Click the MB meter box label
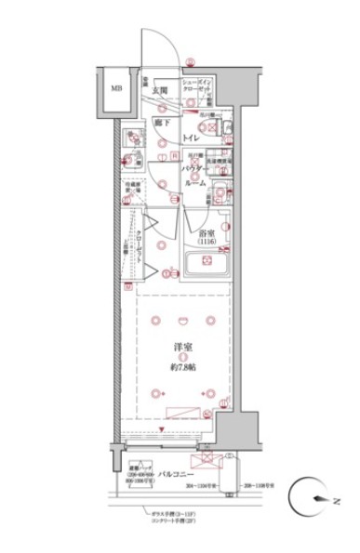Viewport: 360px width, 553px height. pyautogui.click(x=116, y=90)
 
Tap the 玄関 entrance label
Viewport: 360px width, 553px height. pyautogui.click(x=159, y=90)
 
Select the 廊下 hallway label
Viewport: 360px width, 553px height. pyautogui.click(x=162, y=121)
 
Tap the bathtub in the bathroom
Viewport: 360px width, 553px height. pyautogui.click(x=210, y=265)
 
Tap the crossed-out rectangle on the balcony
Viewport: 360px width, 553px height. pyautogui.click(x=202, y=461)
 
